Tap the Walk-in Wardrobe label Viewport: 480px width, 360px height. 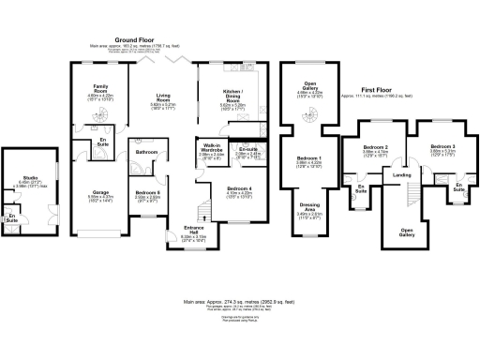(x=211, y=146)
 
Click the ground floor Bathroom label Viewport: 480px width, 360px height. (x=145, y=152)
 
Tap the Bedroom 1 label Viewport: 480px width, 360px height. (x=309, y=159)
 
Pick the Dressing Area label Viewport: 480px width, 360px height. (x=309, y=209)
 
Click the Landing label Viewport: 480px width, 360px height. (x=401, y=175)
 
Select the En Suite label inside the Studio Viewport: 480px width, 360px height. (x=12, y=218)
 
